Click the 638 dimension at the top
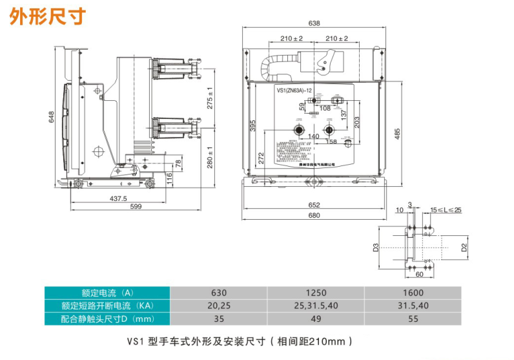[314, 24]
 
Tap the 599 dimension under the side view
[136, 207]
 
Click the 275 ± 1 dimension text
[210, 97]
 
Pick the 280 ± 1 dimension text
[210, 158]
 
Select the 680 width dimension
[314, 215]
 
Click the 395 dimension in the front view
[253, 125]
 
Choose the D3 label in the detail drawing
[375, 248]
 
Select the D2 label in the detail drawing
[464, 248]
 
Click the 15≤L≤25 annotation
[446, 210]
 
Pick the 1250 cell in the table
[316, 291]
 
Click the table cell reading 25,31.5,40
[316, 305]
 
